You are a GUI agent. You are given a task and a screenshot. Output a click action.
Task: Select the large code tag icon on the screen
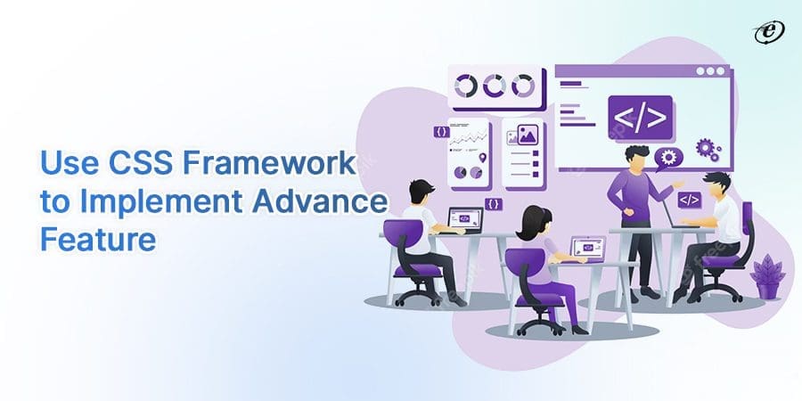click(640, 115)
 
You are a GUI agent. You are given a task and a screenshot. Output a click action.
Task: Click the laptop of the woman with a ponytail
click(586, 245)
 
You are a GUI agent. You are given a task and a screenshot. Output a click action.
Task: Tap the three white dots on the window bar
click(709, 71)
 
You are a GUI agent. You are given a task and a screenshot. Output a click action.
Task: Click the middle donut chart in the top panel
click(494, 86)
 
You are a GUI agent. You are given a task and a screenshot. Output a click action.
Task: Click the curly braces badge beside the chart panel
click(441, 131)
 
